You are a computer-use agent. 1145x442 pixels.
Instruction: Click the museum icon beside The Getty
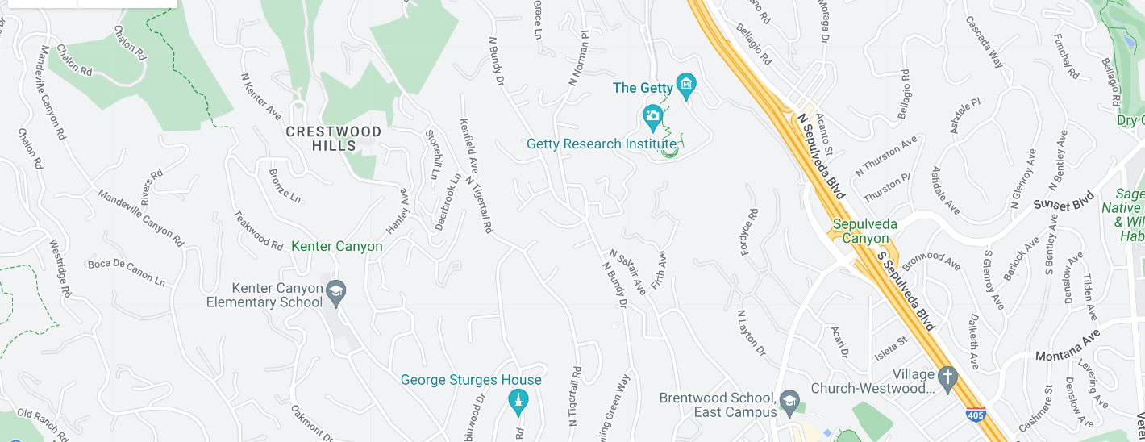686,84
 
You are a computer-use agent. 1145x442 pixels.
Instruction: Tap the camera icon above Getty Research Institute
652,118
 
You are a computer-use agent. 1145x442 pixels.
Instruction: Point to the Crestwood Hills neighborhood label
334,138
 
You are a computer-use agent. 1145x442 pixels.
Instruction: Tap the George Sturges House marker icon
518,400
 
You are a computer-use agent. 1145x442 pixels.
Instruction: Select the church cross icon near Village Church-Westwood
947,376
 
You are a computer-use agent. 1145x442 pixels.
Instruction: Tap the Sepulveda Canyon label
860,231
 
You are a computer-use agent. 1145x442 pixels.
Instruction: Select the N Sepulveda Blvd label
821,156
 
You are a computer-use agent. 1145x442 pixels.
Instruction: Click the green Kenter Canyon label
337,246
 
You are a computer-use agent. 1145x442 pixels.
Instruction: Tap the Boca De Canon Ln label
126,272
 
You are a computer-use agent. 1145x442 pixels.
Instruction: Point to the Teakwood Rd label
258,230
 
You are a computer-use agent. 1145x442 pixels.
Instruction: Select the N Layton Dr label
751,333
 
